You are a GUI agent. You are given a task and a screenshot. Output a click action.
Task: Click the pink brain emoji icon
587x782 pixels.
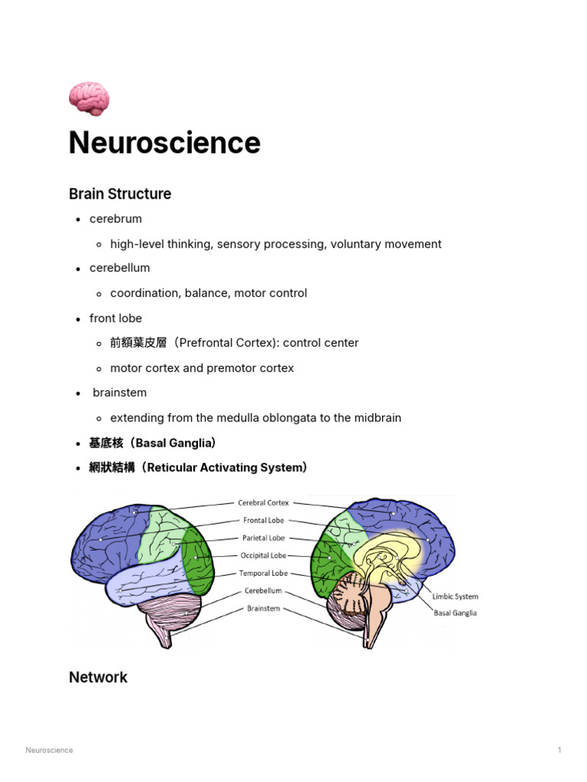coord(89,99)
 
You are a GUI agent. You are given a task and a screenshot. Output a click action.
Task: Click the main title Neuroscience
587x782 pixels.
coord(164,143)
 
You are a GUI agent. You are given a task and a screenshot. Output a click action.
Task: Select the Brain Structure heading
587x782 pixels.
coord(120,194)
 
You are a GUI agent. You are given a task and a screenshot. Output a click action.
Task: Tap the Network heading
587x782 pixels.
coord(98,677)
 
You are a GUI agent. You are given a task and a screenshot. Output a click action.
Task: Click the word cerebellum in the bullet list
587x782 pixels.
coord(119,268)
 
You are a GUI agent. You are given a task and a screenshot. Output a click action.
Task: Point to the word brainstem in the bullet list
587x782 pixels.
coord(119,393)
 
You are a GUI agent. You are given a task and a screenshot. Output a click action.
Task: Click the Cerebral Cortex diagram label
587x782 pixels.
coord(263,503)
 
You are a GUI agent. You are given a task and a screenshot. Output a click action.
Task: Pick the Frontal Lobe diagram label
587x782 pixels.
coord(263,520)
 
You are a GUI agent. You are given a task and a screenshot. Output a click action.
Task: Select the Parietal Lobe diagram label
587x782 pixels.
coord(263,538)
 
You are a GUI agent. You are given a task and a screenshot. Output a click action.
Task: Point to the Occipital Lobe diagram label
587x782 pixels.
coord(263,555)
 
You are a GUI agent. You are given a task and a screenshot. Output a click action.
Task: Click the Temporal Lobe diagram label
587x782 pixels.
coord(263,573)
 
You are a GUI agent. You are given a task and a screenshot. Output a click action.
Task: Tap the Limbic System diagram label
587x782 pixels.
coord(456,596)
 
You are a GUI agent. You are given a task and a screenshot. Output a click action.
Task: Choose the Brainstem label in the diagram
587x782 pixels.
coord(263,609)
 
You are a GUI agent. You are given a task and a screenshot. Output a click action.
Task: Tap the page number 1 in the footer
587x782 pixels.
coord(559,750)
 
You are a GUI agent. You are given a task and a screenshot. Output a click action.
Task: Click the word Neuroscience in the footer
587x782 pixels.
coord(50,750)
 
